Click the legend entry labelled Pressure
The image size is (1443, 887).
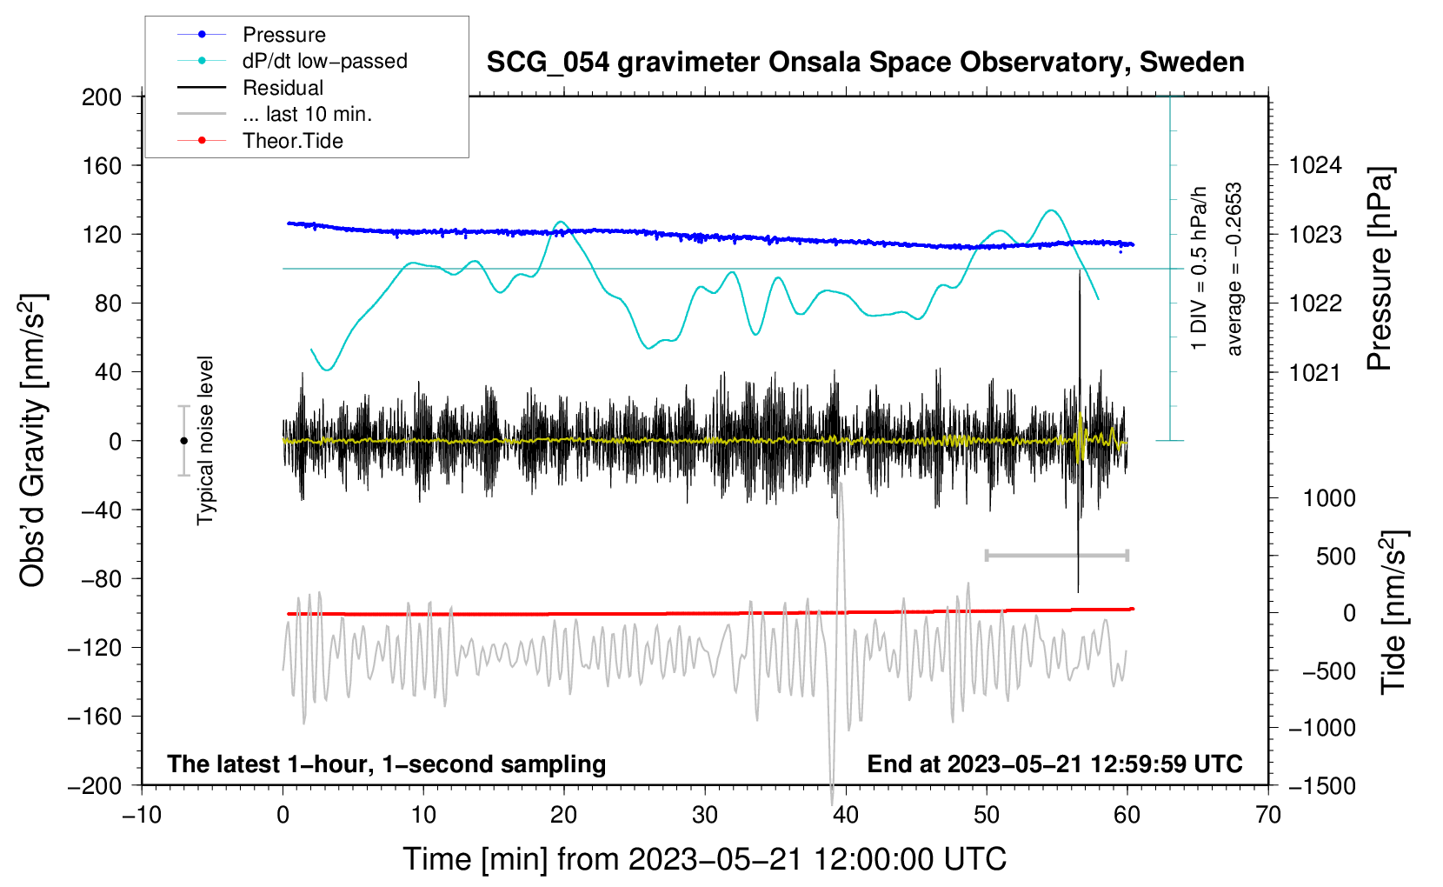click(x=283, y=35)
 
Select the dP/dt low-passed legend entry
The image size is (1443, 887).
click(x=324, y=61)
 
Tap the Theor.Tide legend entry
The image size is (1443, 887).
click(x=292, y=141)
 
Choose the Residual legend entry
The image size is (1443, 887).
click(x=283, y=88)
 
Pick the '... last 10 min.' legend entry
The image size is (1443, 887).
click(x=307, y=114)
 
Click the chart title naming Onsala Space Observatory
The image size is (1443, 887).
click(x=865, y=63)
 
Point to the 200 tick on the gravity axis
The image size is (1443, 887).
click(x=102, y=97)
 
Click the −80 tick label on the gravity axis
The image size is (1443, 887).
click(x=102, y=579)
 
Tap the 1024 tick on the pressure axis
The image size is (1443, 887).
click(x=1315, y=165)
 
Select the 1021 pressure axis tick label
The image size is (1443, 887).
click(x=1315, y=373)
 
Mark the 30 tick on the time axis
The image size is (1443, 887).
click(x=705, y=816)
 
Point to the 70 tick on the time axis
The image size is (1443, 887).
click(x=1268, y=816)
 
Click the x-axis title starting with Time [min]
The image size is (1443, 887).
click(x=705, y=859)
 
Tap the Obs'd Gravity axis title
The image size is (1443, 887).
click(x=33, y=440)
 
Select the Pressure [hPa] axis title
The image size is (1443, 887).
click(x=1380, y=270)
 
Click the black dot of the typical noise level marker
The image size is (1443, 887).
click(x=183, y=441)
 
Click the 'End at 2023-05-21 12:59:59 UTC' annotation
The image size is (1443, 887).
click(x=1054, y=764)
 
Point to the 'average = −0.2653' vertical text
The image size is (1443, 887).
click(x=1234, y=270)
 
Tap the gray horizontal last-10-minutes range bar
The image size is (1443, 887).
click(x=1056, y=555)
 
